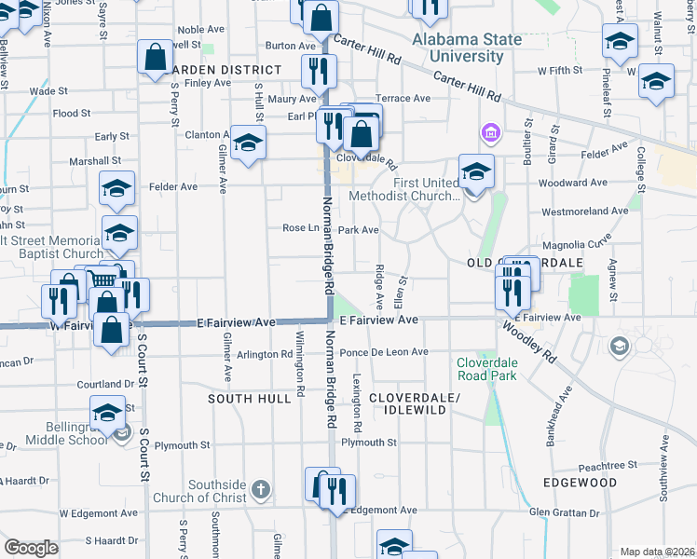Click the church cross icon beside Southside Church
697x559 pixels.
[261, 489]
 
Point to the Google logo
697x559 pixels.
[31, 548]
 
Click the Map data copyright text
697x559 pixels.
[658, 552]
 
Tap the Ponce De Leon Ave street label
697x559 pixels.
[383, 352]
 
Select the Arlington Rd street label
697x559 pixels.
[264, 354]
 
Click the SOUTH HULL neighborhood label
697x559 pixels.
[245, 398]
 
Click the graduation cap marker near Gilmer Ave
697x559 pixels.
[248, 144]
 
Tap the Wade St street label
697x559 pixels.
[44, 91]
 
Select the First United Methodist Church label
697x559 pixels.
[403, 189]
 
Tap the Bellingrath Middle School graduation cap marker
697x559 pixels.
[107, 412]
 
